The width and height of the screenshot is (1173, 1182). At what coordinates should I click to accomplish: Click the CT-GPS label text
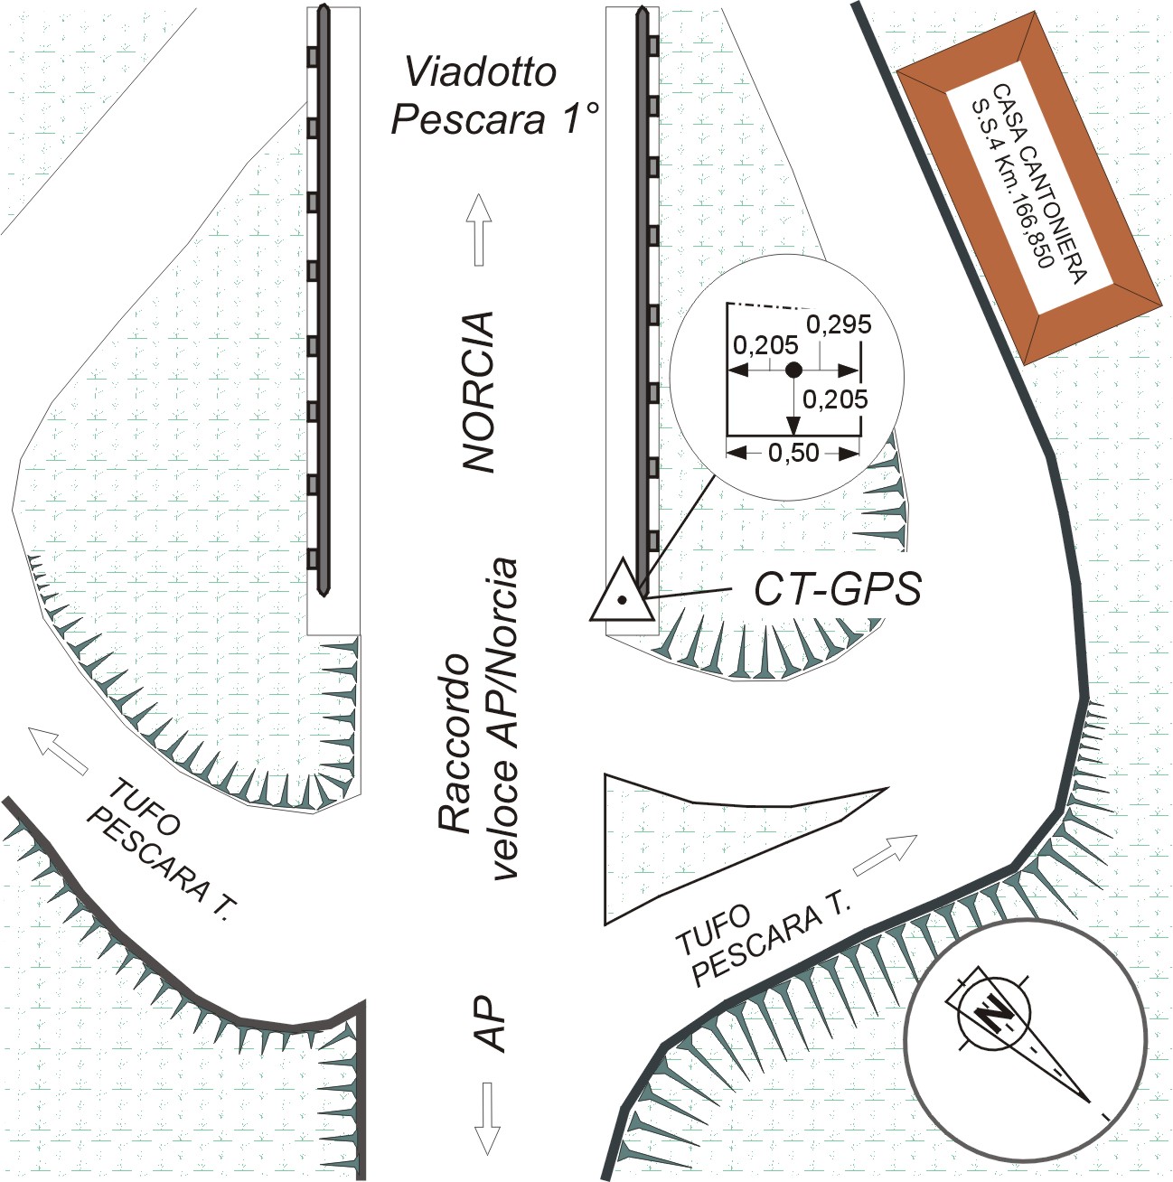pyautogui.click(x=838, y=589)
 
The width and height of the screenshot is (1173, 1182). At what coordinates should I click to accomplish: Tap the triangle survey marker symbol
pyautogui.click(x=622, y=591)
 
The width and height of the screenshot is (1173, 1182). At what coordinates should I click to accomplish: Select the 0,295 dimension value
pyautogui.click(x=839, y=324)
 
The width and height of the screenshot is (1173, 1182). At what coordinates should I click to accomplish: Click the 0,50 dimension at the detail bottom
pyautogui.click(x=793, y=454)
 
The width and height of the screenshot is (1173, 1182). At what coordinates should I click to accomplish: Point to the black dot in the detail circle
pyautogui.click(x=793, y=370)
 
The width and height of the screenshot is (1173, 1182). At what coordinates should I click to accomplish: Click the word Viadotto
pyautogui.click(x=480, y=71)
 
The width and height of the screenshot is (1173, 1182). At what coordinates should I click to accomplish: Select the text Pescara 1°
pyautogui.click(x=494, y=118)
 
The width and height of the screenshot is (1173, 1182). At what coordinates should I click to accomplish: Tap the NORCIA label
pyautogui.click(x=478, y=392)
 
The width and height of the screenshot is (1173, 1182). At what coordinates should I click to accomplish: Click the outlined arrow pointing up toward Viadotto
pyautogui.click(x=479, y=230)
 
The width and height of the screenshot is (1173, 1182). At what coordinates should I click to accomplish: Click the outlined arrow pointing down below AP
pyautogui.click(x=489, y=1118)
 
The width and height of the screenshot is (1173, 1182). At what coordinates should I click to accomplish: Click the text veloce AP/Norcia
pyautogui.click(x=503, y=718)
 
